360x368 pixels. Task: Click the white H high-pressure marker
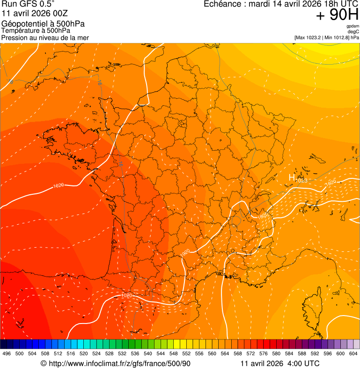click(x=291, y=178)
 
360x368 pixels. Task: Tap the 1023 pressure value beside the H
click(x=301, y=181)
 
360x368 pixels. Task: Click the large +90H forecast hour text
click(x=338, y=15)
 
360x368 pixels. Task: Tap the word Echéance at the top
click(x=221, y=4)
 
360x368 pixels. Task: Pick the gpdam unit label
click(x=353, y=26)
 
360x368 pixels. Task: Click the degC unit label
click(x=353, y=31)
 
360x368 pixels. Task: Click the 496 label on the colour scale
click(x=7, y=353)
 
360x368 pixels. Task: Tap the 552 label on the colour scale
click(x=186, y=353)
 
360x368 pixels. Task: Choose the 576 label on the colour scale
click(x=263, y=353)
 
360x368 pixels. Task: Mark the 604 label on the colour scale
click(x=353, y=353)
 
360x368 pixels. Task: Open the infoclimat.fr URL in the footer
click(x=119, y=364)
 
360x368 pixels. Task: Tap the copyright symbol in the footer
click(x=44, y=364)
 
